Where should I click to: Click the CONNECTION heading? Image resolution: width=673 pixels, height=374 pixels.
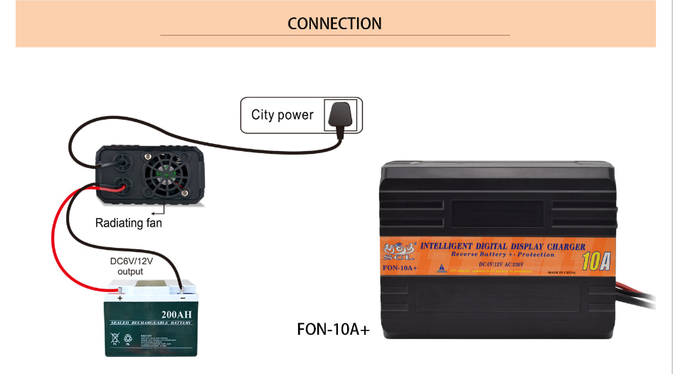pyautogui.click(x=334, y=24)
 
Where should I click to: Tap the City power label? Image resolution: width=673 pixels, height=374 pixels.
pyautogui.click(x=282, y=115)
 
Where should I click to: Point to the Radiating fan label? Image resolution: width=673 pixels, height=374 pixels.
pyautogui.click(x=129, y=223)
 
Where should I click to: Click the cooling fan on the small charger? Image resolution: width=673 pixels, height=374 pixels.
pyautogui.click(x=169, y=175)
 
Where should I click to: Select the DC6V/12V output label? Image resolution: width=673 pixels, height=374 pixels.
pyautogui.click(x=130, y=266)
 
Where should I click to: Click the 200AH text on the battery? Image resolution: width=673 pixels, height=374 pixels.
pyautogui.click(x=176, y=315)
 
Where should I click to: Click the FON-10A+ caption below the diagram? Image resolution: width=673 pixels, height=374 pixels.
pyautogui.click(x=333, y=331)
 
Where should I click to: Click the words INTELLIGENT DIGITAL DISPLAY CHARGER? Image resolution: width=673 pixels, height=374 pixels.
pyautogui.click(x=503, y=246)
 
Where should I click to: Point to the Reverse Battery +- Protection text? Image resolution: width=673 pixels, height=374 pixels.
pyautogui.click(x=502, y=254)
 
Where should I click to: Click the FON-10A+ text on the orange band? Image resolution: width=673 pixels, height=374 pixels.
pyautogui.click(x=400, y=268)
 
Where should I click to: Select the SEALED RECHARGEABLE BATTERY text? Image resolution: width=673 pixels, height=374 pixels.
pyautogui.click(x=151, y=323)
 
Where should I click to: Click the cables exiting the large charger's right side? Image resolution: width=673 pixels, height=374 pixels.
pyautogui.click(x=637, y=294)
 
